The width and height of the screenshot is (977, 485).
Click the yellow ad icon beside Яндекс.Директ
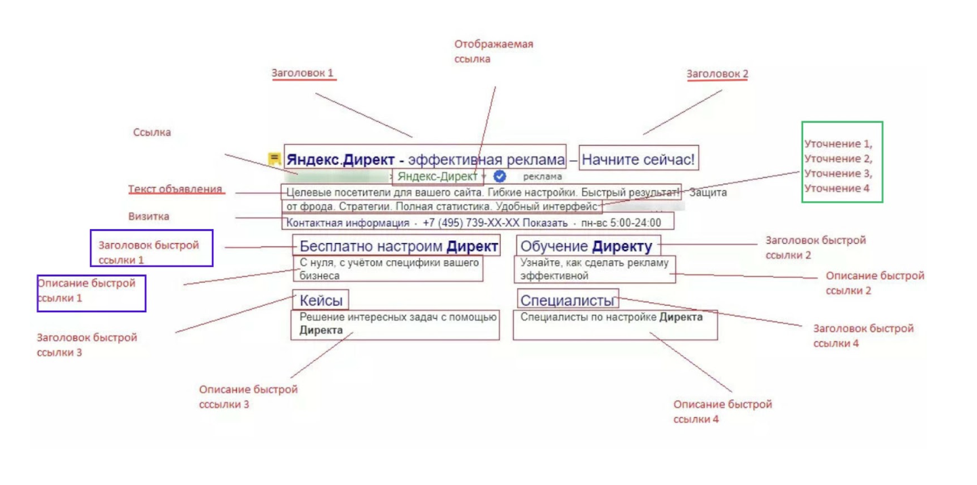(274, 159)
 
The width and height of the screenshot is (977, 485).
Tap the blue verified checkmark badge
(500, 176)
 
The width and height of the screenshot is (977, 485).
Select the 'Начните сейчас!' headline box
(638, 161)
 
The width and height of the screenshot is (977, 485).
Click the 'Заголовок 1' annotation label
(303, 73)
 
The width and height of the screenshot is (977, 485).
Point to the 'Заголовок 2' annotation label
(717, 74)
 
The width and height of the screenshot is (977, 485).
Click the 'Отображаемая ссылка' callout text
(493, 51)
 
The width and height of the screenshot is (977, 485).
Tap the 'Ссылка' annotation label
(152, 133)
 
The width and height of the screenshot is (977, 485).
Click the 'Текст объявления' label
(175, 190)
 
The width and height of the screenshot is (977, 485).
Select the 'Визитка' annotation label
(148, 217)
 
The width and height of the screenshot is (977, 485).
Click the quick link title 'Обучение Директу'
(586, 247)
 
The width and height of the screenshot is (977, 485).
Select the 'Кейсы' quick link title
(321, 301)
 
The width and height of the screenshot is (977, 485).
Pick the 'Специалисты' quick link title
(568, 301)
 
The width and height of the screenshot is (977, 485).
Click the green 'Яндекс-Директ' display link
(437, 176)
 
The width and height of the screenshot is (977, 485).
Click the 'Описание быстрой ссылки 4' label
(722, 412)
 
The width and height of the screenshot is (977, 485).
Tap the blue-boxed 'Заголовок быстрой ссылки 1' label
(151, 252)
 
